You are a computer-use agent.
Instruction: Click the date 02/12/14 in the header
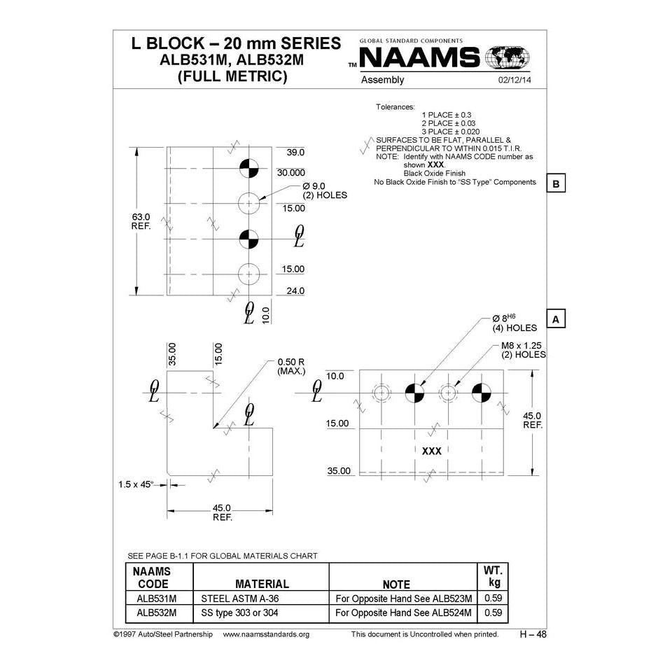point(514,80)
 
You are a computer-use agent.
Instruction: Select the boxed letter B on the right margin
point(555,184)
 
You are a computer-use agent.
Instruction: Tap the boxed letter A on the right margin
point(555,319)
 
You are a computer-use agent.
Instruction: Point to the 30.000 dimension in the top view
point(290,172)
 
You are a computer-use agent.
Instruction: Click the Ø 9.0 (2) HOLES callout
point(324,190)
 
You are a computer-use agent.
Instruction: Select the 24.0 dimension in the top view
point(295,291)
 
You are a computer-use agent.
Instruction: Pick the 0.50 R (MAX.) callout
point(291,366)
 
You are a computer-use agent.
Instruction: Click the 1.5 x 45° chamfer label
point(136,484)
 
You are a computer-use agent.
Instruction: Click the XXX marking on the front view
point(432,451)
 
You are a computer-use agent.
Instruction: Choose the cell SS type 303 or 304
point(241,612)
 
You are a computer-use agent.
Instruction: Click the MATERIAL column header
point(262,583)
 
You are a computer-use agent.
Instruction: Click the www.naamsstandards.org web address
point(266,634)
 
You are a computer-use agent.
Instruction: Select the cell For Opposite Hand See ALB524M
point(404,612)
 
